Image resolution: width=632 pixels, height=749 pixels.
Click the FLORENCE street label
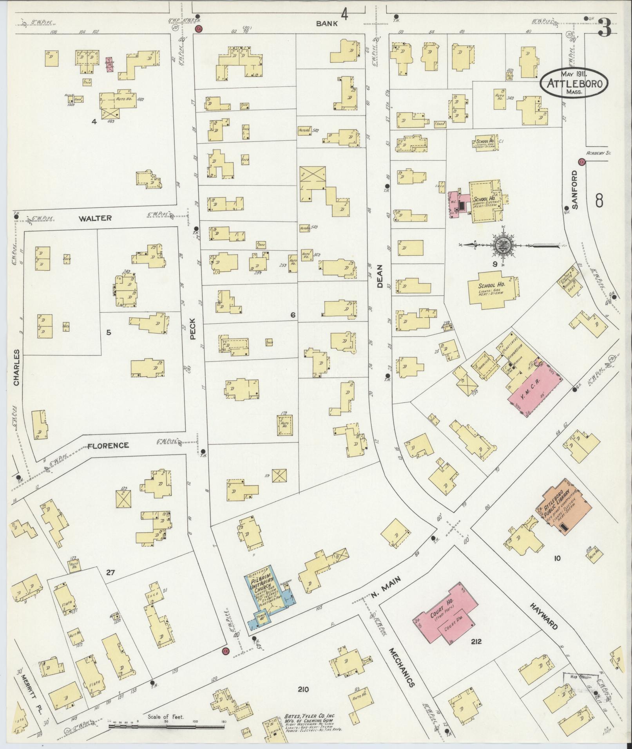[x=108, y=446]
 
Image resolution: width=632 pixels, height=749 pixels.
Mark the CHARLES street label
[x=16, y=368]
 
